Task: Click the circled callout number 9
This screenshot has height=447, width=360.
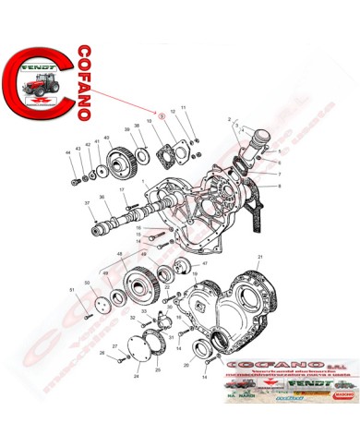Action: click(162, 116)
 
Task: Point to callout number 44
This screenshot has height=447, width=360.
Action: click(67, 151)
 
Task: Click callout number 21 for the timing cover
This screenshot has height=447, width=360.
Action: click(261, 257)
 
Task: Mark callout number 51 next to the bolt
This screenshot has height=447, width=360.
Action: click(71, 290)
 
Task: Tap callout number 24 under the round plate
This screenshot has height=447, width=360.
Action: click(136, 377)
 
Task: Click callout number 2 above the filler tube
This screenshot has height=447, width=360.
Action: click(226, 120)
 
